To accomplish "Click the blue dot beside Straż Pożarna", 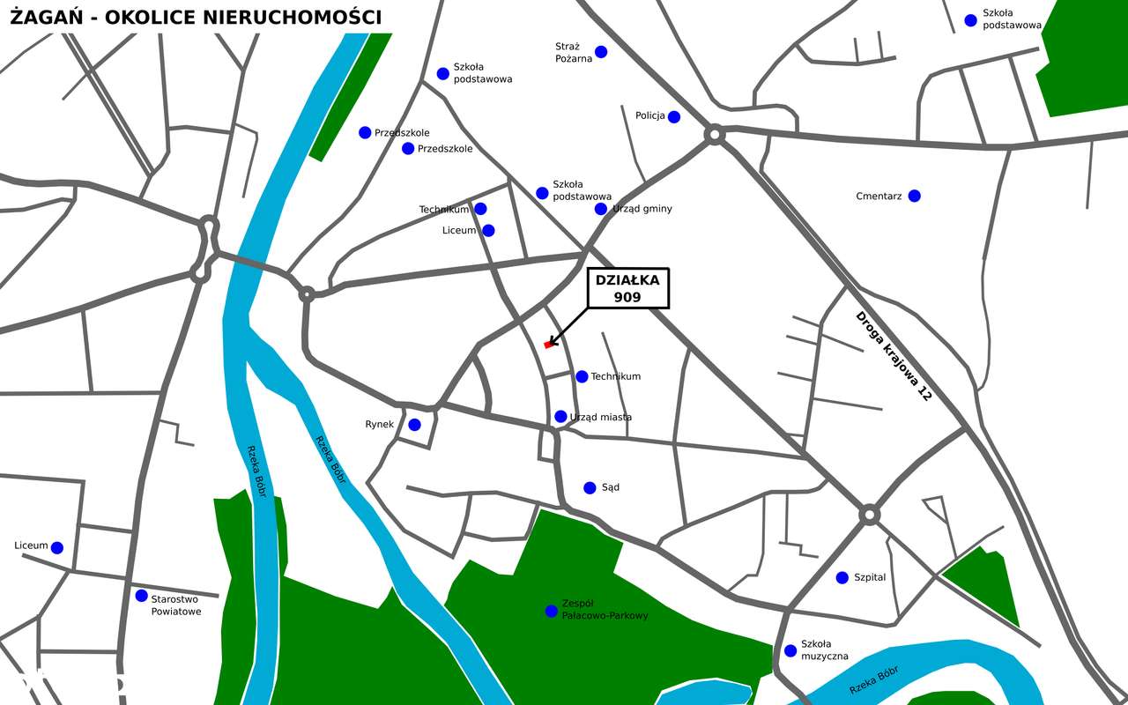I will pos(601,52).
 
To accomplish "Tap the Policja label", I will pos(649,116).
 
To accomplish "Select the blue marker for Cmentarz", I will pos(914,196).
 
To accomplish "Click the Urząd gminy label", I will pos(642,209).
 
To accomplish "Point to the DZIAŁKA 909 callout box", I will pos(627,289).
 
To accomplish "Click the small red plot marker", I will pos(549,345).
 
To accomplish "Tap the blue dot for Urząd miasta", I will pos(560,417).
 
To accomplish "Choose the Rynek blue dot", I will pos(414,425).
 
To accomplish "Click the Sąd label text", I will pos(610,487).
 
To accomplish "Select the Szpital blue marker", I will pos(842,578).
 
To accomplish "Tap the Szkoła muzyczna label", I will pos(824,650).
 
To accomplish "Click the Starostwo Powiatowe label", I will pos(176,605).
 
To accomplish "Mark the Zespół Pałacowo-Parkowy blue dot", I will pos(551,611).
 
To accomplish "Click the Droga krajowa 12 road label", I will pos(893,356).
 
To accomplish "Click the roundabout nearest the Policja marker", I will pos(715,135).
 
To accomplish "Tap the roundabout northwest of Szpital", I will pos(870,514).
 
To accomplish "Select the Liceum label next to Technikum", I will pos(458,231).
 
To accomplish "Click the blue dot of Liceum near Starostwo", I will pos(57,548).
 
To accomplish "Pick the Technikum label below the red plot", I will pos(615,377).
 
